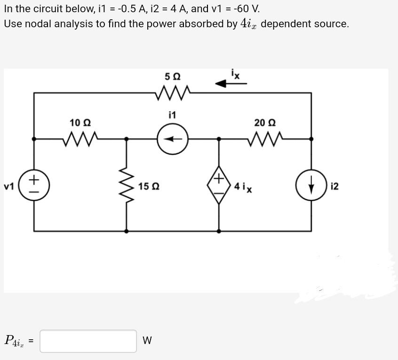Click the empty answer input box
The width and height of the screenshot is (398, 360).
pos(88,341)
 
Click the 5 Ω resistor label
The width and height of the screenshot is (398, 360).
pos(173,76)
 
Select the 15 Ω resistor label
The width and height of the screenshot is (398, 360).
pos(149,187)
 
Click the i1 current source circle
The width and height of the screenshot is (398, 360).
pos(173,139)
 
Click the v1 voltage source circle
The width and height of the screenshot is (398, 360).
pos(34,187)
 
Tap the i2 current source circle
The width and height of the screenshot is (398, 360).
pos(311,187)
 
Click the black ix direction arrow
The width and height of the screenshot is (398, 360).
pos(231,84)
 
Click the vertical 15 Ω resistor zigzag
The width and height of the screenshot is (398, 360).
pos(126,186)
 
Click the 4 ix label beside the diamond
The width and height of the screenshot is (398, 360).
pos(243,187)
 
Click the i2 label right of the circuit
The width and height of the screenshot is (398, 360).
pos(334,187)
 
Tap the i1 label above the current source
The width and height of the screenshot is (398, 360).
pos(172,115)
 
